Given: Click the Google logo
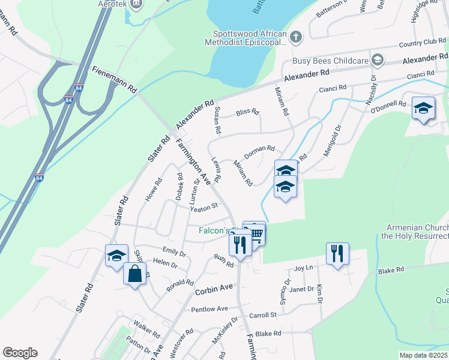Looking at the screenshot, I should tap(20, 353).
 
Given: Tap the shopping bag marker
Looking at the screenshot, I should tap(135, 274).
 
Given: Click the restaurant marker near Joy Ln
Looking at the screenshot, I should tap(337, 253).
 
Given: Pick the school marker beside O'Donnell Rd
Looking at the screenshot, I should tap(423, 108).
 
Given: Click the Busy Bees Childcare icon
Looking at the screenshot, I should tap(377, 60).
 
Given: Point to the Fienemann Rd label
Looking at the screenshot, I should tap(115, 79).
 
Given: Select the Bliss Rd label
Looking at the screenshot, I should tap(247, 112).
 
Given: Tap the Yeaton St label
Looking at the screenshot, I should tap(203, 208).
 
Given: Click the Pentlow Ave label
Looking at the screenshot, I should tap(209, 309).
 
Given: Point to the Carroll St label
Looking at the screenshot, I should tap(263, 314).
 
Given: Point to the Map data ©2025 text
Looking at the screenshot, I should tap(423, 355).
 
